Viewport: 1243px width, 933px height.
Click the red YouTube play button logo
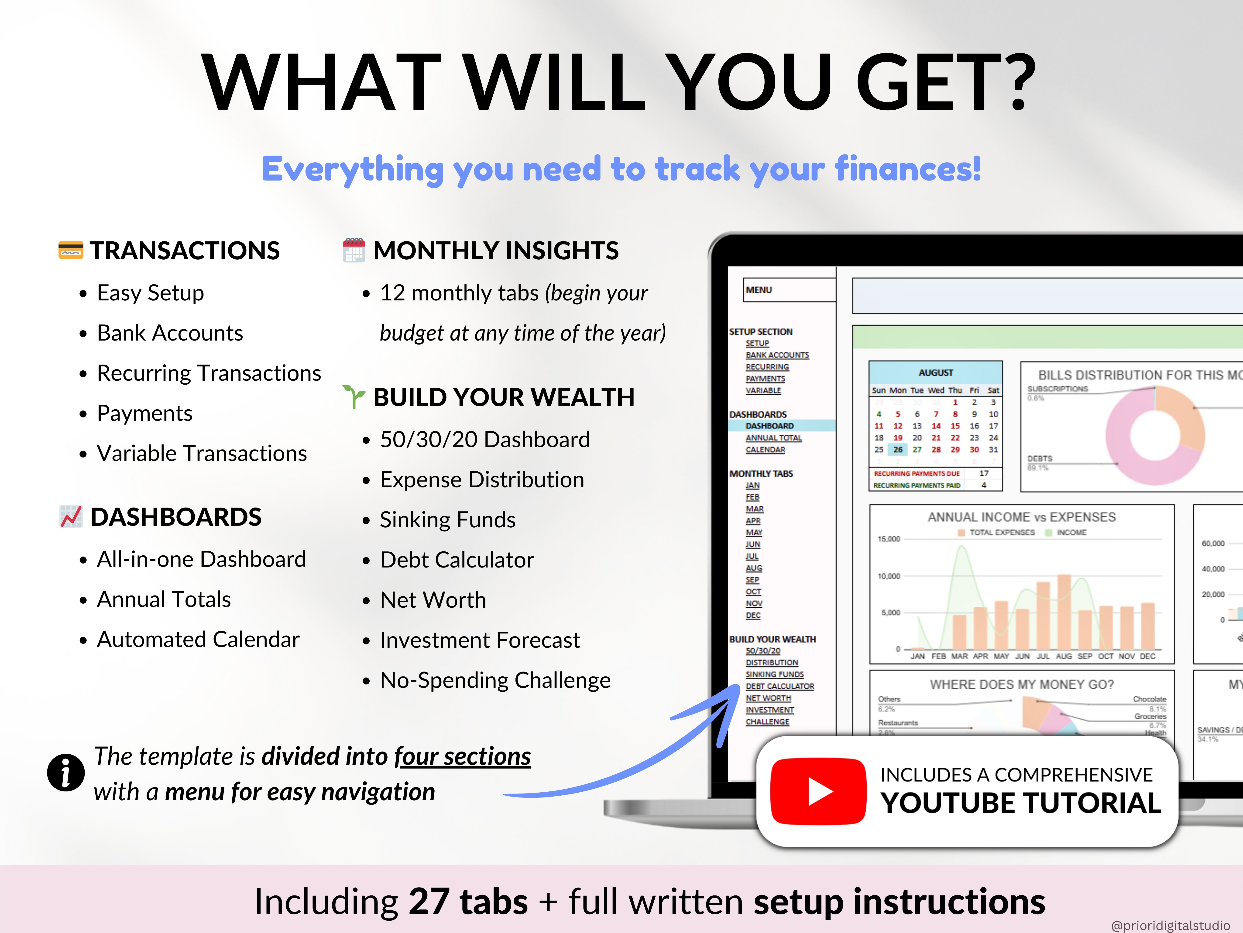point(818,791)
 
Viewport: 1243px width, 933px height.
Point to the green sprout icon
point(354,397)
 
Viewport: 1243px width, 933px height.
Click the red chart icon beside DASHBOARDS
point(71,516)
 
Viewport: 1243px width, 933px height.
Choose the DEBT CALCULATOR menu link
point(779,686)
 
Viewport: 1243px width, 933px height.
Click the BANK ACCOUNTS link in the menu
point(777,355)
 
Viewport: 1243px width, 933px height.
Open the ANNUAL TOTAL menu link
point(773,438)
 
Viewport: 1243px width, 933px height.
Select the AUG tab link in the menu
point(754,568)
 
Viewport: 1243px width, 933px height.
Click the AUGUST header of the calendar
point(936,372)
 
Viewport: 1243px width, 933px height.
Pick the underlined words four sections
point(462,756)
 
